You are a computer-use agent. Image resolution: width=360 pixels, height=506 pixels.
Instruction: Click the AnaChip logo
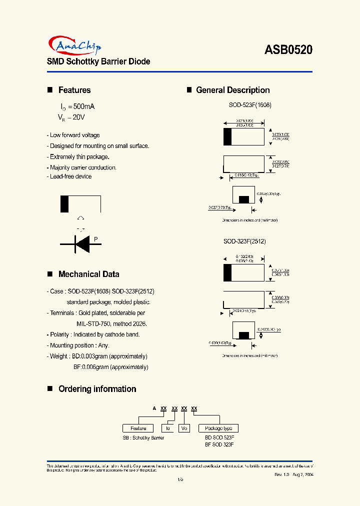[x=75, y=46]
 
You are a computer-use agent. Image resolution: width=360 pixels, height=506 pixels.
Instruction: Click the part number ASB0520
[x=288, y=49]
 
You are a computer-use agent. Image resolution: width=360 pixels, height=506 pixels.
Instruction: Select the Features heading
[x=74, y=90]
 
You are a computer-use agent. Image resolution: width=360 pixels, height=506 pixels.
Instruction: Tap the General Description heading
[x=232, y=90]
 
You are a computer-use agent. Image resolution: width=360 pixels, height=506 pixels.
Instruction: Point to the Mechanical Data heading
[x=88, y=274]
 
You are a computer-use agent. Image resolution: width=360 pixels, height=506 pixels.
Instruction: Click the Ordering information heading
[x=97, y=389]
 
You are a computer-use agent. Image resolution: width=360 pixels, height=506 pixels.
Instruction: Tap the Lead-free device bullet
[x=70, y=176]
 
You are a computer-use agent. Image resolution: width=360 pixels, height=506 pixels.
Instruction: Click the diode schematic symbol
[x=80, y=243]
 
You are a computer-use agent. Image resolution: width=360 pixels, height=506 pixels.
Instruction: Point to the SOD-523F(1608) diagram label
[x=250, y=105]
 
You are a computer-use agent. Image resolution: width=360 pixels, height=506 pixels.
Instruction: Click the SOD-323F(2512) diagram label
[x=244, y=241]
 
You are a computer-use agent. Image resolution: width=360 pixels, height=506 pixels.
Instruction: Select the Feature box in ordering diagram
[x=138, y=428]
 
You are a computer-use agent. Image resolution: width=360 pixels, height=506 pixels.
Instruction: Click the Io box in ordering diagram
[x=168, y=428]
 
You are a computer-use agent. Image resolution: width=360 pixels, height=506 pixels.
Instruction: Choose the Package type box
[x=218, y=428]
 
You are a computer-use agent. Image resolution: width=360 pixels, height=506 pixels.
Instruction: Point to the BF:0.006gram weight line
[x=110, y=367]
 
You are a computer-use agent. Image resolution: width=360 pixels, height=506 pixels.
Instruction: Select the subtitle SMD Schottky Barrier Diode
[x=98, y=61]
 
